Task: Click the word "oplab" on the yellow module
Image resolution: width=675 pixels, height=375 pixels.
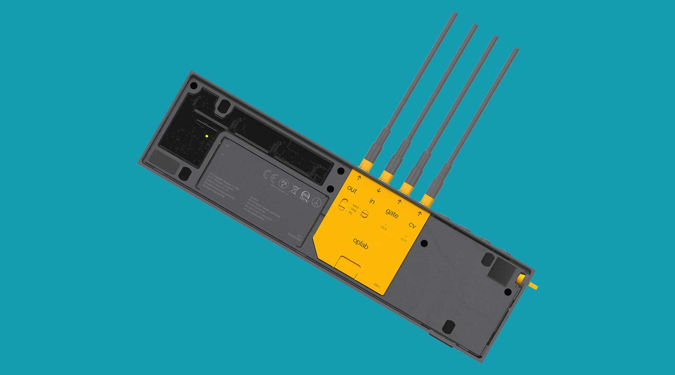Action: point(360,244)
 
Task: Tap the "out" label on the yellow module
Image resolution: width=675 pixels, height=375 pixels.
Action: point(352,189)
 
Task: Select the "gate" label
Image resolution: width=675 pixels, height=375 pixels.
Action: point(391,213)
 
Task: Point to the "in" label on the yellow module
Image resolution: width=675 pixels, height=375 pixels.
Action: point(372,201)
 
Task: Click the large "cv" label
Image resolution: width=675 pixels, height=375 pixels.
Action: point(412,226)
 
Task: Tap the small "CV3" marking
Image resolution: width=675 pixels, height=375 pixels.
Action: point(384,228)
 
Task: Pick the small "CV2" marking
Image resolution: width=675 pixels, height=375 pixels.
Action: point(403,240)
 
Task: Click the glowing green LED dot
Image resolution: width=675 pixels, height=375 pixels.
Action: point(207,136)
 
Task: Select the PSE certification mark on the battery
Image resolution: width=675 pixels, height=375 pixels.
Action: point(284,184)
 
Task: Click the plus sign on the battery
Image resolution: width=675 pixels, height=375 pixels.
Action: point(227,146)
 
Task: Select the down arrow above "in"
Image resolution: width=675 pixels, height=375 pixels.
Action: point(379,190)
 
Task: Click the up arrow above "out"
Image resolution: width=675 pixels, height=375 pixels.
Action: point(359,178)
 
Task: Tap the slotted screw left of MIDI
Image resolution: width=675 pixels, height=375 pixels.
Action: point(342,205)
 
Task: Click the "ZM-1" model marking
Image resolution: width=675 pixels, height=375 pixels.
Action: point(376,286)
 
